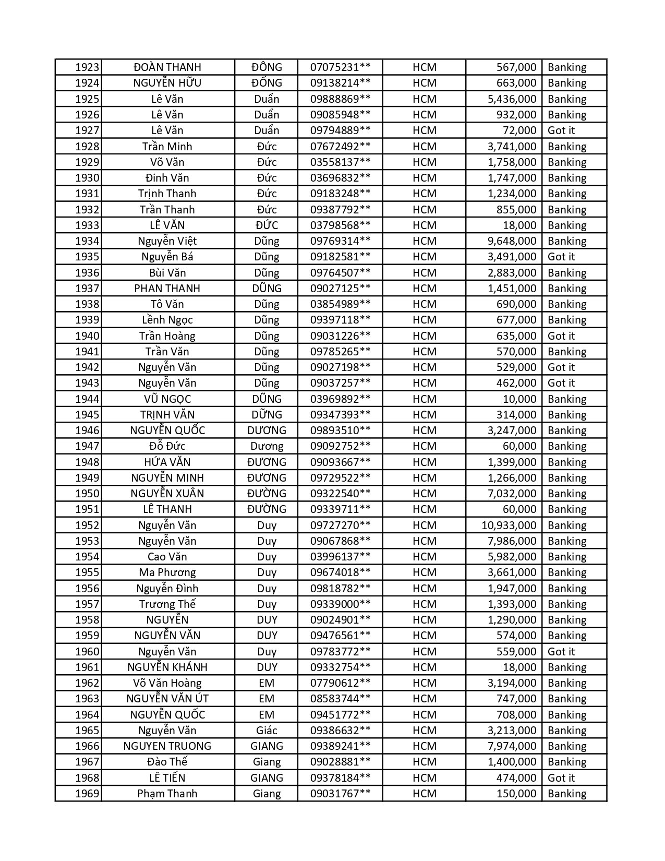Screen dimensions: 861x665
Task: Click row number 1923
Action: coord(87,67)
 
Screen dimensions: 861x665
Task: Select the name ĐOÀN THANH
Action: coord(167,67)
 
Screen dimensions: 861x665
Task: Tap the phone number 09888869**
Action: coord(340,99)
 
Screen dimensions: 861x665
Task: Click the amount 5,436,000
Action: coord(512,99)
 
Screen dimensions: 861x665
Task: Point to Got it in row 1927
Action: coord(561,130)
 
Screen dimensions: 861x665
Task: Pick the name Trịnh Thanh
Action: coord(167,194)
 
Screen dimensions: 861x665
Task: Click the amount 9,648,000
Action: coord(512,241)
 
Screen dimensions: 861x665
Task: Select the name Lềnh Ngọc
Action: coord(167,320)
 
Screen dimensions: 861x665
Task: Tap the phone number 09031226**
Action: coord(340,336)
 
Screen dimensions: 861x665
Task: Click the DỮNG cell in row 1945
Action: coord(267,415)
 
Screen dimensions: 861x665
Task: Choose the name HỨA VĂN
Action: coord(167,462)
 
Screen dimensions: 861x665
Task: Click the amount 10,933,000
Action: coord(509,525)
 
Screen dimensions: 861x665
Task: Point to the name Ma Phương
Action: coord(167,572)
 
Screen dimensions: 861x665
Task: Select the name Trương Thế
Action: coord(167,604)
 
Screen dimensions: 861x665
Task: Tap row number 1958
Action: coord(87,620)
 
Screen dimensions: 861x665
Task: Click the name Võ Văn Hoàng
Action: coord(167,683)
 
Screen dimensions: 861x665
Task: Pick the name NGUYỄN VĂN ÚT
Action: coord(167,699)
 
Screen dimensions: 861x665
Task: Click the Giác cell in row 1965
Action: coord(267,731)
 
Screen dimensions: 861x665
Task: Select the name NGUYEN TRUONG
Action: coord(167,746)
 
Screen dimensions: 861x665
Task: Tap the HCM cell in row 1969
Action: coord(425,794)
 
